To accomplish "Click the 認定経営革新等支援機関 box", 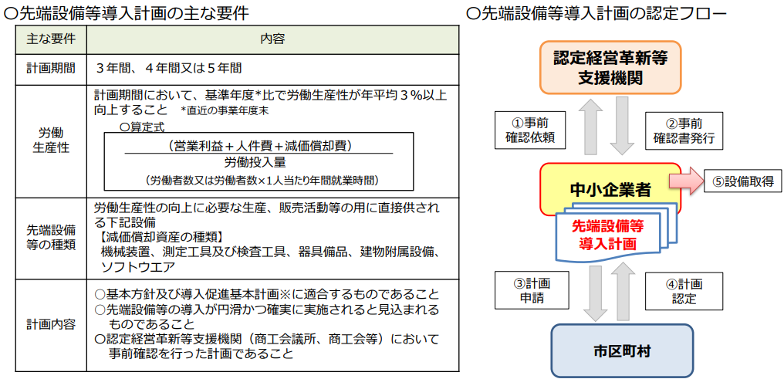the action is [610, 67].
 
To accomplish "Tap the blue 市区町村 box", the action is [622, 351].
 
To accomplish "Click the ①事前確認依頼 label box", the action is [530, 130].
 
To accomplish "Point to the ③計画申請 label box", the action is [530, 291].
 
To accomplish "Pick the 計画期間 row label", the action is [50, 69].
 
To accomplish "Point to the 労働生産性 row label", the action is [50, 140].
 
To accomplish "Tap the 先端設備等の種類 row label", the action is [50, 238].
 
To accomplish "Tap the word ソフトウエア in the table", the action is [138, 266].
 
